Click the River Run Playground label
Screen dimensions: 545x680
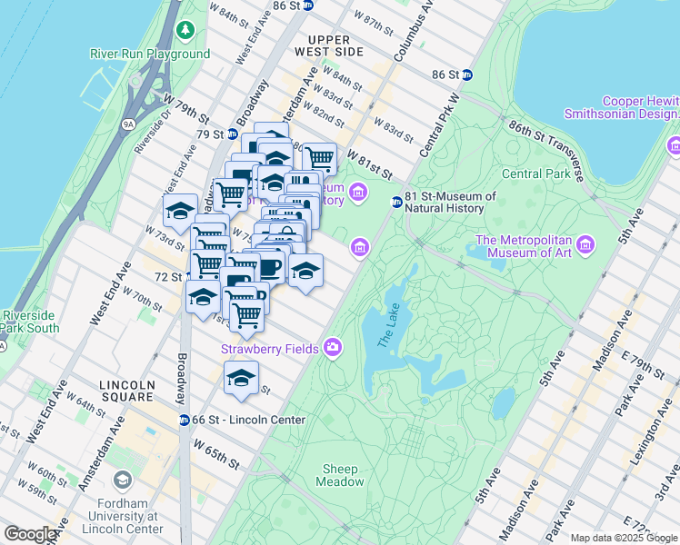(x=150, y=54)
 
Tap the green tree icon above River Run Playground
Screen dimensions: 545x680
(x=185, y=32)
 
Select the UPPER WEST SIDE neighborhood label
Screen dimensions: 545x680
(x=335, y=45)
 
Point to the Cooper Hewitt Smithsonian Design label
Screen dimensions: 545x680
(x=622, y=107)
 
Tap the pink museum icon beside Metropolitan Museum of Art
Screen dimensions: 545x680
(x=585, y=245)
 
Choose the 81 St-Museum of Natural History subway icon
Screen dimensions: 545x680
(x=396, y=202)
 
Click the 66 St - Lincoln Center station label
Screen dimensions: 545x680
(x=248, y=419)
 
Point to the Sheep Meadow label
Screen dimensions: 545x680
(x=340, y=475)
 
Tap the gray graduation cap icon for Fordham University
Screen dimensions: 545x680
(x=121, y=479)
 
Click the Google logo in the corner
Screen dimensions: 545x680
(x=31, y=534)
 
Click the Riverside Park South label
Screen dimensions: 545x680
(x=30, y=322)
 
